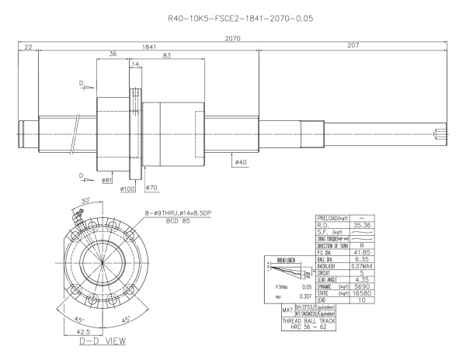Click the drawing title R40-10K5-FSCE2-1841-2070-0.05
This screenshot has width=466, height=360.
(x=233, y=16)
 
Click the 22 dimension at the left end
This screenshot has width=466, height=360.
(x=28, y=47)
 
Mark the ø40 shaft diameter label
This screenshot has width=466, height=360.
(x=239, y=162)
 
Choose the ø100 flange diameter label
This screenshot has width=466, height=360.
(x=127, y=188)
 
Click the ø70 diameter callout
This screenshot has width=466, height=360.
(x=151, y=188)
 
